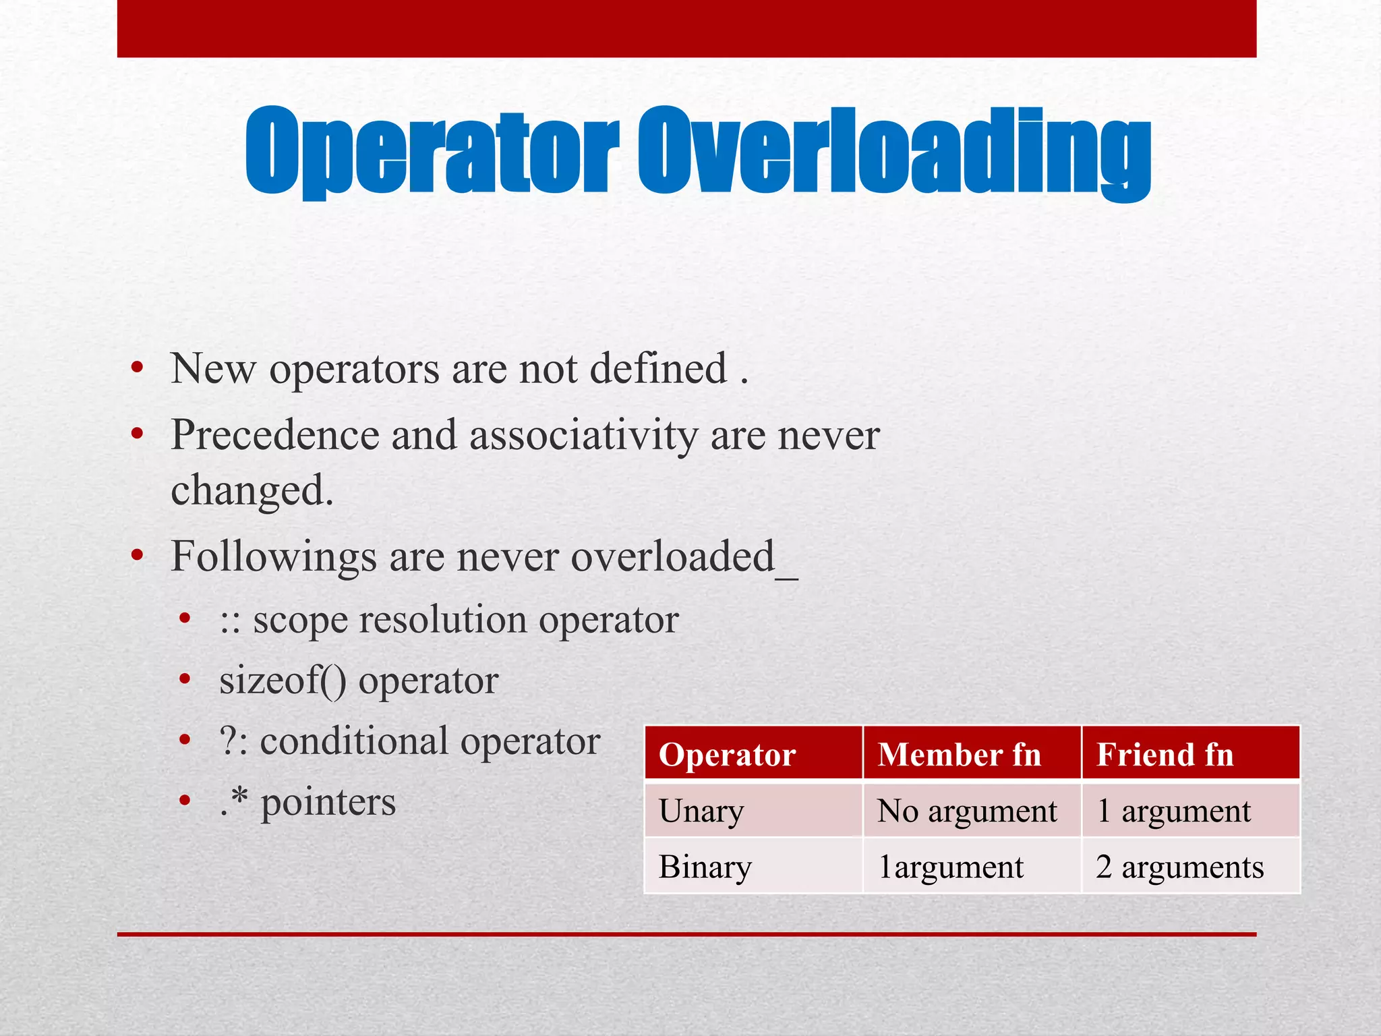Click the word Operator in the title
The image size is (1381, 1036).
tap(432, 152)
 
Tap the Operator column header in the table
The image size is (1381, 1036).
tap(727, 755)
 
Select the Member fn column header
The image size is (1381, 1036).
tap(959, 755)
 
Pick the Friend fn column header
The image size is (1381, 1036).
tap(1165, 755)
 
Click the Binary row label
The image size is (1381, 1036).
tap(705, 867)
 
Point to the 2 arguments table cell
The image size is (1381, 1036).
tap(1179, 867)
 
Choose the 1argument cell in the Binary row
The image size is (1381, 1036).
tap(951, 867)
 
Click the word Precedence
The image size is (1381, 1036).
tap(275, 435)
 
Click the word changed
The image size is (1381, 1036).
tap(252, 490)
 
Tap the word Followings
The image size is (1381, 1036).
tap(273, 558)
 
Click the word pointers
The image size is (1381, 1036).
tap(328, 803)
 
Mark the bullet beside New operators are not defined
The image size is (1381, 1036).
tap(138, 369)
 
